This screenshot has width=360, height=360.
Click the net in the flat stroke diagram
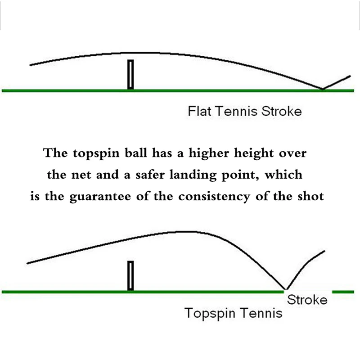(130, 74)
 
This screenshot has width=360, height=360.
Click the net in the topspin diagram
(130, 275)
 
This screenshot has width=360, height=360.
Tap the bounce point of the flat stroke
(322, 89)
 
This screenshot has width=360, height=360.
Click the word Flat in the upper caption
(199, 111)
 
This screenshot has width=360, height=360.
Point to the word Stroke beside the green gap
(307, 300)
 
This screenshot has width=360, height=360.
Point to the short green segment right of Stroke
(343, 291)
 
